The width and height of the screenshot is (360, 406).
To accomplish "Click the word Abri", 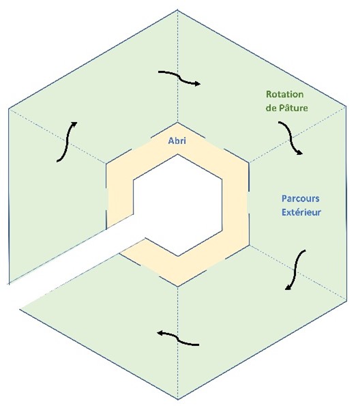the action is point(177,141).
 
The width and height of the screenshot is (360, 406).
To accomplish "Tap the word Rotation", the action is point(285,94).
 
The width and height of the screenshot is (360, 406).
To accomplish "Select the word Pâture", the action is point(293,107).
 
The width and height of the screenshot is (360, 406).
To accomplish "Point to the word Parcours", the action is point(301,199).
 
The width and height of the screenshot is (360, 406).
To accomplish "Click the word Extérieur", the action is point(301,212).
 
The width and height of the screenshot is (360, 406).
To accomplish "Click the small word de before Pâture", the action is point(271,108).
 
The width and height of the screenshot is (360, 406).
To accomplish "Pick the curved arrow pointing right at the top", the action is point(179,78).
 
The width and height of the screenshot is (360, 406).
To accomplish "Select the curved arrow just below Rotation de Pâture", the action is point(291,138).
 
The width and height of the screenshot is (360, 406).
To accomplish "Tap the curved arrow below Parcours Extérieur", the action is point(295,270).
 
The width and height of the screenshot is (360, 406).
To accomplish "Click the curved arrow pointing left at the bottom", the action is point(178,338).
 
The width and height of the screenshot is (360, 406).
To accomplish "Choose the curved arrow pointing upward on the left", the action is point(67,142).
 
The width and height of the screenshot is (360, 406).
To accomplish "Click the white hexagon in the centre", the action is point(177,205).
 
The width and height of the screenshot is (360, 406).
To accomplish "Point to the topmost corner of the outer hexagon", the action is point(177,10).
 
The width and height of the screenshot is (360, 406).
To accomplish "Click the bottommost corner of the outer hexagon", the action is point(178,399).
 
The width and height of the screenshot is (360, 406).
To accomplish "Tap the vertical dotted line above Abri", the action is point(177,66).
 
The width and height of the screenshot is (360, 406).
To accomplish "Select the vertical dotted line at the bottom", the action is point(178,343).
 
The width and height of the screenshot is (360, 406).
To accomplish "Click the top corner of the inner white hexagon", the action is point(177,154).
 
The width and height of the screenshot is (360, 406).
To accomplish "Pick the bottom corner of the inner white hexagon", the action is point(178,257).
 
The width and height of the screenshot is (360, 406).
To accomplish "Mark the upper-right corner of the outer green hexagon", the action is point(346,106).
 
